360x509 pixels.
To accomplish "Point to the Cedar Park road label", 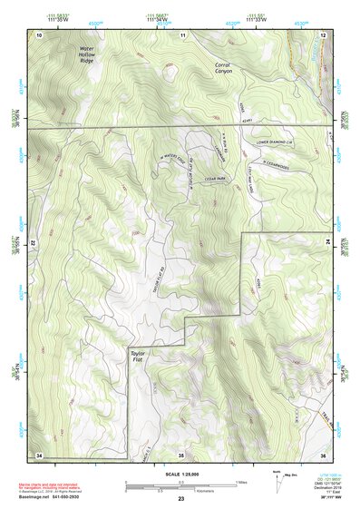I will click(216, 179).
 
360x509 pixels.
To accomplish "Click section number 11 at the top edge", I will click(182, 34).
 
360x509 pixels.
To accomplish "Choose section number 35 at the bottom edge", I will click(181, 454).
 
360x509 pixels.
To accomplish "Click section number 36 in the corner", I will click(323, 454).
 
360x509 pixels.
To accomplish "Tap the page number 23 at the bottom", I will click(181, 500).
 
